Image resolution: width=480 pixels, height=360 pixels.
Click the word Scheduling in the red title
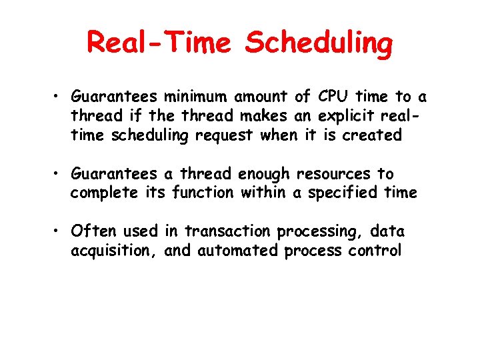319,44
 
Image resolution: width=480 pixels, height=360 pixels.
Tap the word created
372,135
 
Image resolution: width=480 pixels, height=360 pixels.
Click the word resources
333,174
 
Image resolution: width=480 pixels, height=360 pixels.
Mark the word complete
101,194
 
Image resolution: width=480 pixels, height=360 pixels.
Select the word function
203,193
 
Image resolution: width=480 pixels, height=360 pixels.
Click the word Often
93,231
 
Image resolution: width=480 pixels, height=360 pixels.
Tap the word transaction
228,231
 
